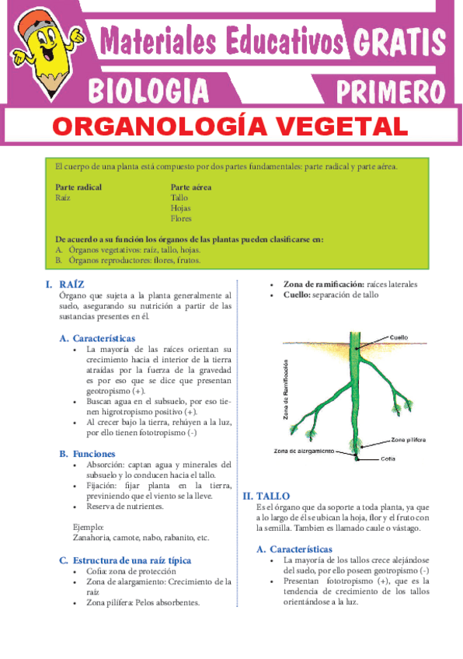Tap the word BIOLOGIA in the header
148,89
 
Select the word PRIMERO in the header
390,89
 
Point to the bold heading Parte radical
78,187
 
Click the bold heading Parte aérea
191,187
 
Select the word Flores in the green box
181,218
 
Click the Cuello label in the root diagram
399,337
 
